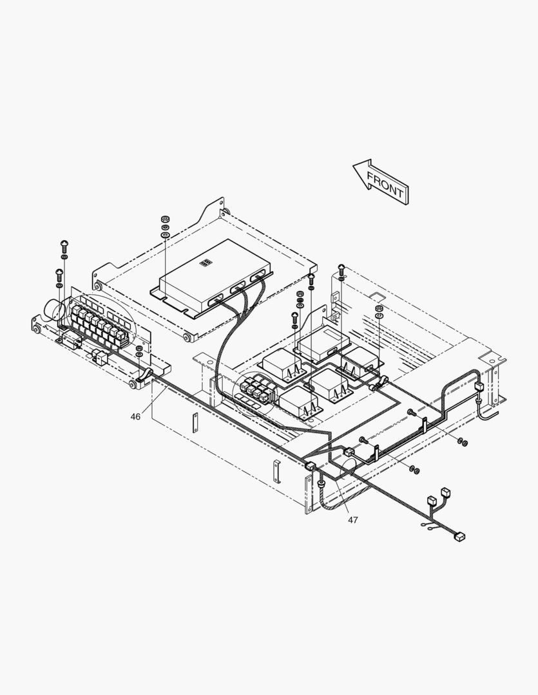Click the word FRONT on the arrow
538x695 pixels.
[x=385, y=185]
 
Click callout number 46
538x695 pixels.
[x=135, y=416]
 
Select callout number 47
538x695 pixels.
[x=352, y=520]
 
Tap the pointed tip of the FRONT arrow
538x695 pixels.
[x=353, y=166]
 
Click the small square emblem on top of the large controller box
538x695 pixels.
[x=206, y=263]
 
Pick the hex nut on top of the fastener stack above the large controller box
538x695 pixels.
[x=165, y=219]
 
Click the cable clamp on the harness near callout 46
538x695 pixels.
[x=144, y=375]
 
